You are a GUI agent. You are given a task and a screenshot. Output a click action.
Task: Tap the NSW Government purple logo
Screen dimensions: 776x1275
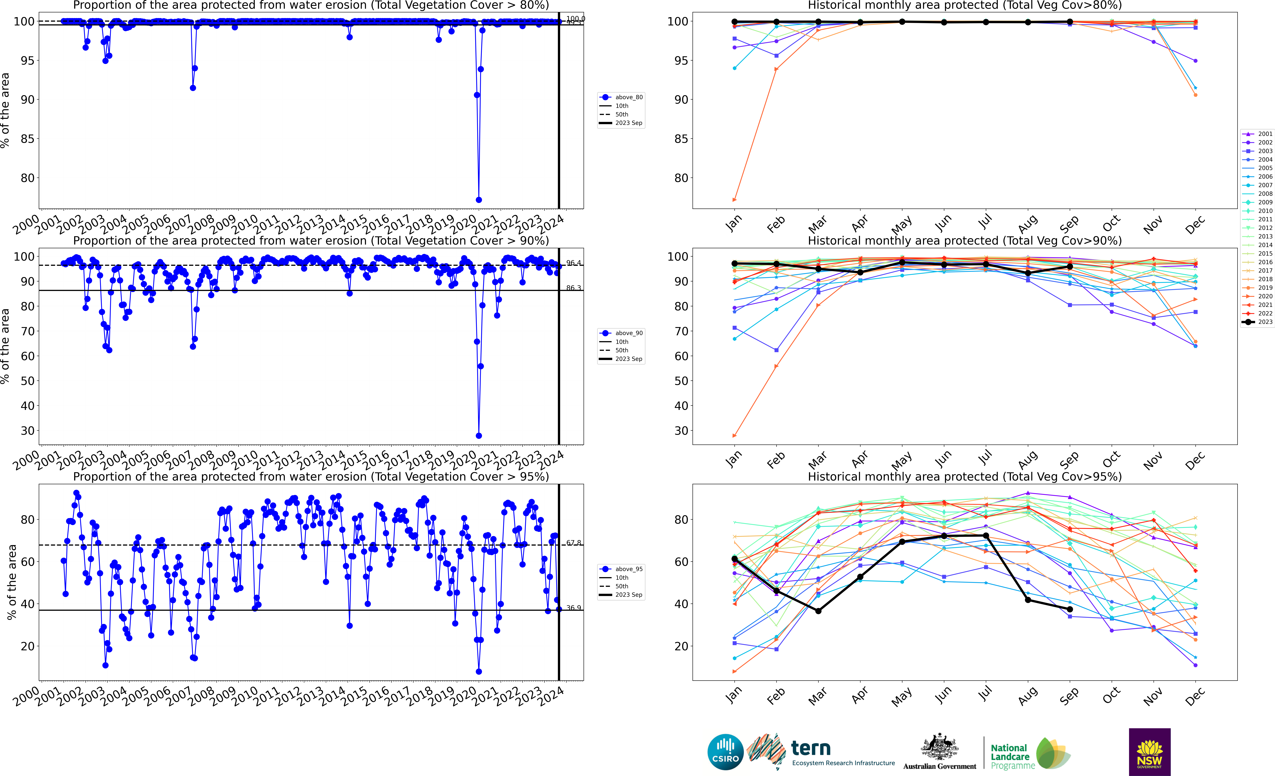[1149, 752]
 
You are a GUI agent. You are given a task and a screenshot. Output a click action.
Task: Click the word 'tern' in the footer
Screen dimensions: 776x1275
[811, 748]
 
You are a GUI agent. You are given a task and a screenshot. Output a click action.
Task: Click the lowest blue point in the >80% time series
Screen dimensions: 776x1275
[479, 200]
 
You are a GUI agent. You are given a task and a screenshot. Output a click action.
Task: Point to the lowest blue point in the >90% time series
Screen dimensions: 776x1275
[479, 436]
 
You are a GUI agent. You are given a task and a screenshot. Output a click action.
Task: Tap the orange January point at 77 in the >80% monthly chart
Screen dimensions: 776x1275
[734, 200]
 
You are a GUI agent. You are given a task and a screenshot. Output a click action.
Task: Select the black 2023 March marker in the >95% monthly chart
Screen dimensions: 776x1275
[818, 611]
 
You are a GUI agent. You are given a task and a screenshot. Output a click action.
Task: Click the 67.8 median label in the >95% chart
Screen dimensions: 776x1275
[573, 543]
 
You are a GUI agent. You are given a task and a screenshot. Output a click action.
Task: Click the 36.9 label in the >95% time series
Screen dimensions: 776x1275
[573, 608]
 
